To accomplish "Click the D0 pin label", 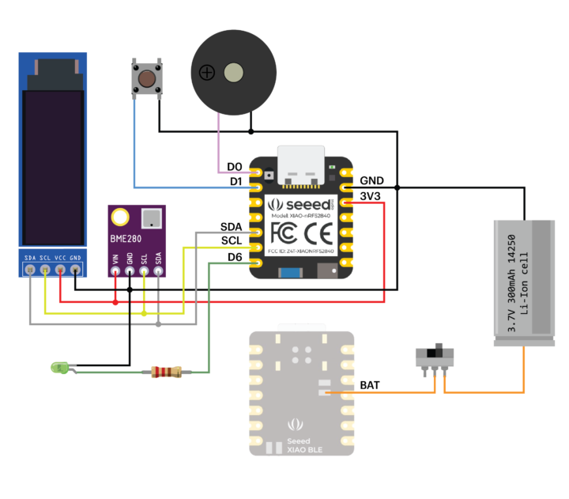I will [234, 166].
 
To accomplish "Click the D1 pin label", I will [234, 181].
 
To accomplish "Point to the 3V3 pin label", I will [371, 195].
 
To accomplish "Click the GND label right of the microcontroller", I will [372, 180].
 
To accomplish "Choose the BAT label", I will [370, 385].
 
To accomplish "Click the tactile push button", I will [146, 79].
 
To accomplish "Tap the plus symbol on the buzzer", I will [207, 74].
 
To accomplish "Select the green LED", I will [58, 367].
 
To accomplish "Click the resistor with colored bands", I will [166, 372].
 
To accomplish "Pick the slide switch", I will [435, 356].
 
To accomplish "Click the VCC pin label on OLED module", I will [60, 258].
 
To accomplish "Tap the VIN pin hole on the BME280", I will [116, 271].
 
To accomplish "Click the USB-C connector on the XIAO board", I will [300, 164].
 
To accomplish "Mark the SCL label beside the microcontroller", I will [232, 240].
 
